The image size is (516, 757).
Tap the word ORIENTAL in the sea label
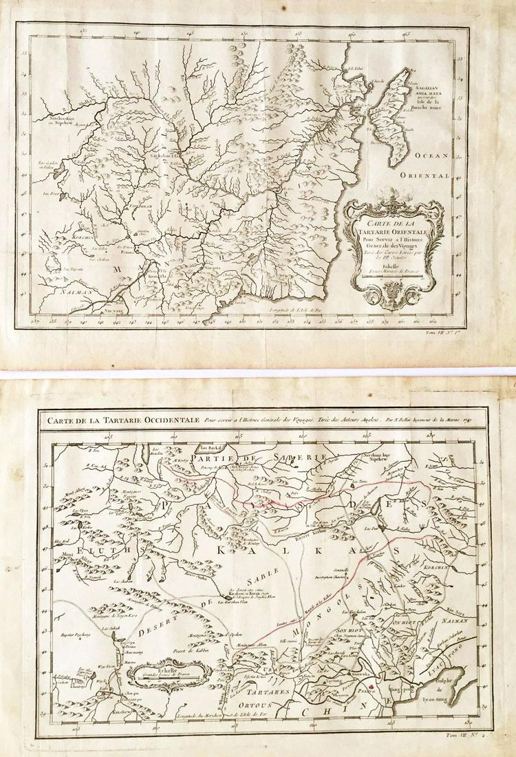pyautogui.click(x=431, y=175)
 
